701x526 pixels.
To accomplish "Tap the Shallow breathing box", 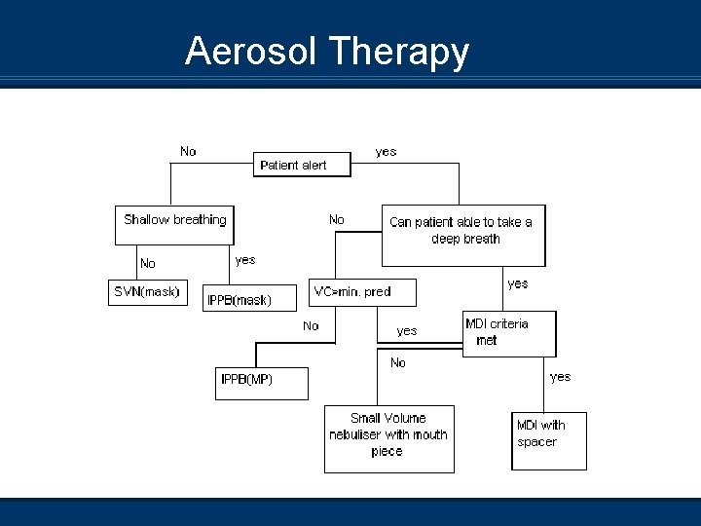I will click(x=175, y=220).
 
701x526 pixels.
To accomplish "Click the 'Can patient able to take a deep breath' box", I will click(x=461, y=234).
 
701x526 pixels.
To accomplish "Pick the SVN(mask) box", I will click(x=147, y=292).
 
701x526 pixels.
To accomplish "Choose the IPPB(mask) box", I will click(x=239, y=299).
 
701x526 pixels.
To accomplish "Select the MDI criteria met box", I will click(x=508, y=333).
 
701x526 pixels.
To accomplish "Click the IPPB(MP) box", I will click(x=262, y=383).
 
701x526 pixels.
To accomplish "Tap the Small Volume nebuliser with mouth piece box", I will click(x=388, y=437).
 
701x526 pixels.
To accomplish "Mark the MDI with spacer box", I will click(x=548, y=440).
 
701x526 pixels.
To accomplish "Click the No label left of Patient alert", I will click(x=188, y=151).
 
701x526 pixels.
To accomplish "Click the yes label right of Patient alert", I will click(x=387, y=151).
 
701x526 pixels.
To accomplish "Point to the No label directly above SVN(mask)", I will click(x=148, y=263).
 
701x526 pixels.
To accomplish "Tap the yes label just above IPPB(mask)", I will click(x=245, y=260).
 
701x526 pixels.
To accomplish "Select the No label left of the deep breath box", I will click(x=337, y=219).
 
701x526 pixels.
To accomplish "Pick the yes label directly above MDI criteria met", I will click(x=518, y=283).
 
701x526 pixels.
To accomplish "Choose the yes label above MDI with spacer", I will click(x=561, y=376).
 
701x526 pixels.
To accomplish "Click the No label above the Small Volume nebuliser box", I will click(x=398, y=362).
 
